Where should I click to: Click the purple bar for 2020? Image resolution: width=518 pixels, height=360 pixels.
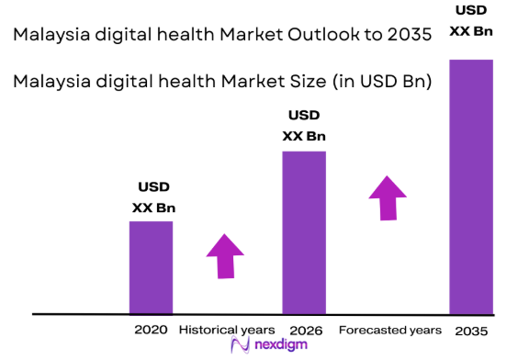tap(151, 267)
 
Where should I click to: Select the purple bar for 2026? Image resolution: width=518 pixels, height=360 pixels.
tap(303, 231)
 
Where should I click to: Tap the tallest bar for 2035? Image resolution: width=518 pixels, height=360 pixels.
tap(470, 186)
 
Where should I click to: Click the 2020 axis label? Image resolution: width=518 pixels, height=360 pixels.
tap(151, 329)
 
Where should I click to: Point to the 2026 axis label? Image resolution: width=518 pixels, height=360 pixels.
tap(303, 329)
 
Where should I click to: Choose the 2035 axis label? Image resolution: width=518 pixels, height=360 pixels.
tap(470, 329)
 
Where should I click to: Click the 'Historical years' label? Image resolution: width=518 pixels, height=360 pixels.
tap(226, 329)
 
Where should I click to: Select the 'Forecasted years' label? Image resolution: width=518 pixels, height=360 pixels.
tap(389, 329)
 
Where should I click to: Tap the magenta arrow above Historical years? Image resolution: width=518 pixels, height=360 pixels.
tap(225, 255)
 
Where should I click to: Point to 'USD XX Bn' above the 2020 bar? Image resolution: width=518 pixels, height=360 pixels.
tap(153, 197)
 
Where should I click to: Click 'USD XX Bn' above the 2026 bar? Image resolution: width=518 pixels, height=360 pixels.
tap(304, 126)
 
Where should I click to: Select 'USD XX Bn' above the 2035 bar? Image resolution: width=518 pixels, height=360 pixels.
tap(470, 20)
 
